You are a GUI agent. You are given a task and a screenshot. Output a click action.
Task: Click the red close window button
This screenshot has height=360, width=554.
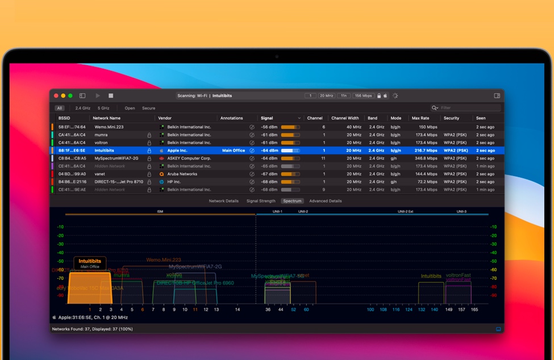click(x=56, y=96)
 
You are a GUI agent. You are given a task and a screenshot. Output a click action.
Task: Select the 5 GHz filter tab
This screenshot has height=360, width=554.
click(x=103, y=108)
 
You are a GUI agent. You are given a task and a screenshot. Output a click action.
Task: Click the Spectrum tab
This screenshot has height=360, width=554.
click(x=292, y=201)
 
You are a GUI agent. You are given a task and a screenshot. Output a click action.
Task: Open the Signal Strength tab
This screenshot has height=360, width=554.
click(x=261, y=201)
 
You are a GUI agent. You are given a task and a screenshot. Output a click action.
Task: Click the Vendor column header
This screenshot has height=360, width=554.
click(x=165, y=118)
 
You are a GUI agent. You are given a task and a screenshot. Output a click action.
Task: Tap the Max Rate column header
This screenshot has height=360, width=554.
click(x=420, y=118)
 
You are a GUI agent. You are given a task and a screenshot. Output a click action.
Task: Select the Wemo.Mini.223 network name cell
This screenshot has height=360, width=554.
click(x=109, y=127)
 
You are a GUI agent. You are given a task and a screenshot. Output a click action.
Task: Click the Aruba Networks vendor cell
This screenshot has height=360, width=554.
click(x=182, y=174)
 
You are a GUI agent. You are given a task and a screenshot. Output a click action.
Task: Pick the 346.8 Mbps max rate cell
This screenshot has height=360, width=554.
click(x=426, y=158)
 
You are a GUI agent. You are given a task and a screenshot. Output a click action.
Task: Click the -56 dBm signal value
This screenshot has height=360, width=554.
click(x=269, y=127)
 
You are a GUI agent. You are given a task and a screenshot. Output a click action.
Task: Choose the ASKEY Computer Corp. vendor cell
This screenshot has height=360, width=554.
click(x=189, y=158)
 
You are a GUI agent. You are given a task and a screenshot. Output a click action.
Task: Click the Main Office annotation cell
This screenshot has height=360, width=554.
click(x=234, y=150)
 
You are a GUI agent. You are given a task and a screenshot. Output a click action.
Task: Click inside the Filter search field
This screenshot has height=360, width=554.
click(x=469, y=108)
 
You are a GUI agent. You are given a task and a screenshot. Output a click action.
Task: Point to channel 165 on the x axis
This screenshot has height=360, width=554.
click(x=474, y=309)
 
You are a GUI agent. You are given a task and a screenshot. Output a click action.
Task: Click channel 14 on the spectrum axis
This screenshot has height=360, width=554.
click(x=238, y=309)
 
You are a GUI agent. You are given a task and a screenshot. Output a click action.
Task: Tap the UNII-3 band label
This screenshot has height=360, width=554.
click(x=461, y=212)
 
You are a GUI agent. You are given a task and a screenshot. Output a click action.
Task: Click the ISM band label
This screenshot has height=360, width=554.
click(x=160, y=212)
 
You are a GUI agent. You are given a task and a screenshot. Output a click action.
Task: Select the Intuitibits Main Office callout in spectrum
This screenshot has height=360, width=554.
click(x=90, y=263)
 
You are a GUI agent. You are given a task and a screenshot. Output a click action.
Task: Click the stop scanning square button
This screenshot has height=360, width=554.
click(x=111, y=96)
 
